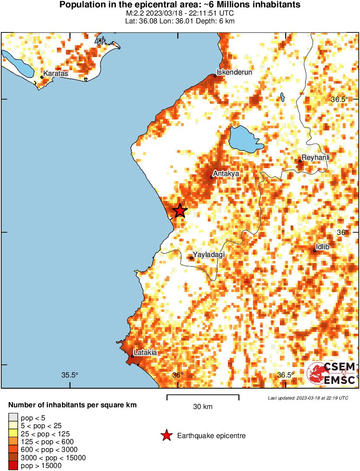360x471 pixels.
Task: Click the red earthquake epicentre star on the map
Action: point(180,211)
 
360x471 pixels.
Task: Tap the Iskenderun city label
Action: point(234,72)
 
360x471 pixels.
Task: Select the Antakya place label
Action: point(226,174)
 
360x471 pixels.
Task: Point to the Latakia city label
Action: point(145,353)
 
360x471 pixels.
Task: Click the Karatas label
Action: point(56,74)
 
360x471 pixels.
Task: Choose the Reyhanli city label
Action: point(315,158)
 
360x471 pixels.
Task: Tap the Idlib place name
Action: point(323,247)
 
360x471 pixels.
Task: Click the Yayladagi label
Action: point(209,255)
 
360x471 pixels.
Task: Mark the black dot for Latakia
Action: point(133,357)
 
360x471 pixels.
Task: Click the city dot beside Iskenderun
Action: point(215,76)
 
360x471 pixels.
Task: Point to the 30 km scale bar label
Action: point(203,407)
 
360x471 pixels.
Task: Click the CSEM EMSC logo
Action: point(331,374)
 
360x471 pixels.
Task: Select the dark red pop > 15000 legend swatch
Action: point(13,466)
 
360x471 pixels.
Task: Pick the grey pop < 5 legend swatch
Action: point(13,418)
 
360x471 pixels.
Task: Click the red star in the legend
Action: point(166,436)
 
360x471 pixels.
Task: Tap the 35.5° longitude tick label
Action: point(69,375)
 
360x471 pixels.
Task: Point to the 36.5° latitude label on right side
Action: point(340,99)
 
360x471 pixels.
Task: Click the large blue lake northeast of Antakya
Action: point(245,140)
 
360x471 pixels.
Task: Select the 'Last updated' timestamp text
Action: point(308,398)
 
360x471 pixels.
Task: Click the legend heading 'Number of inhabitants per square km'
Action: point(73,406)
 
